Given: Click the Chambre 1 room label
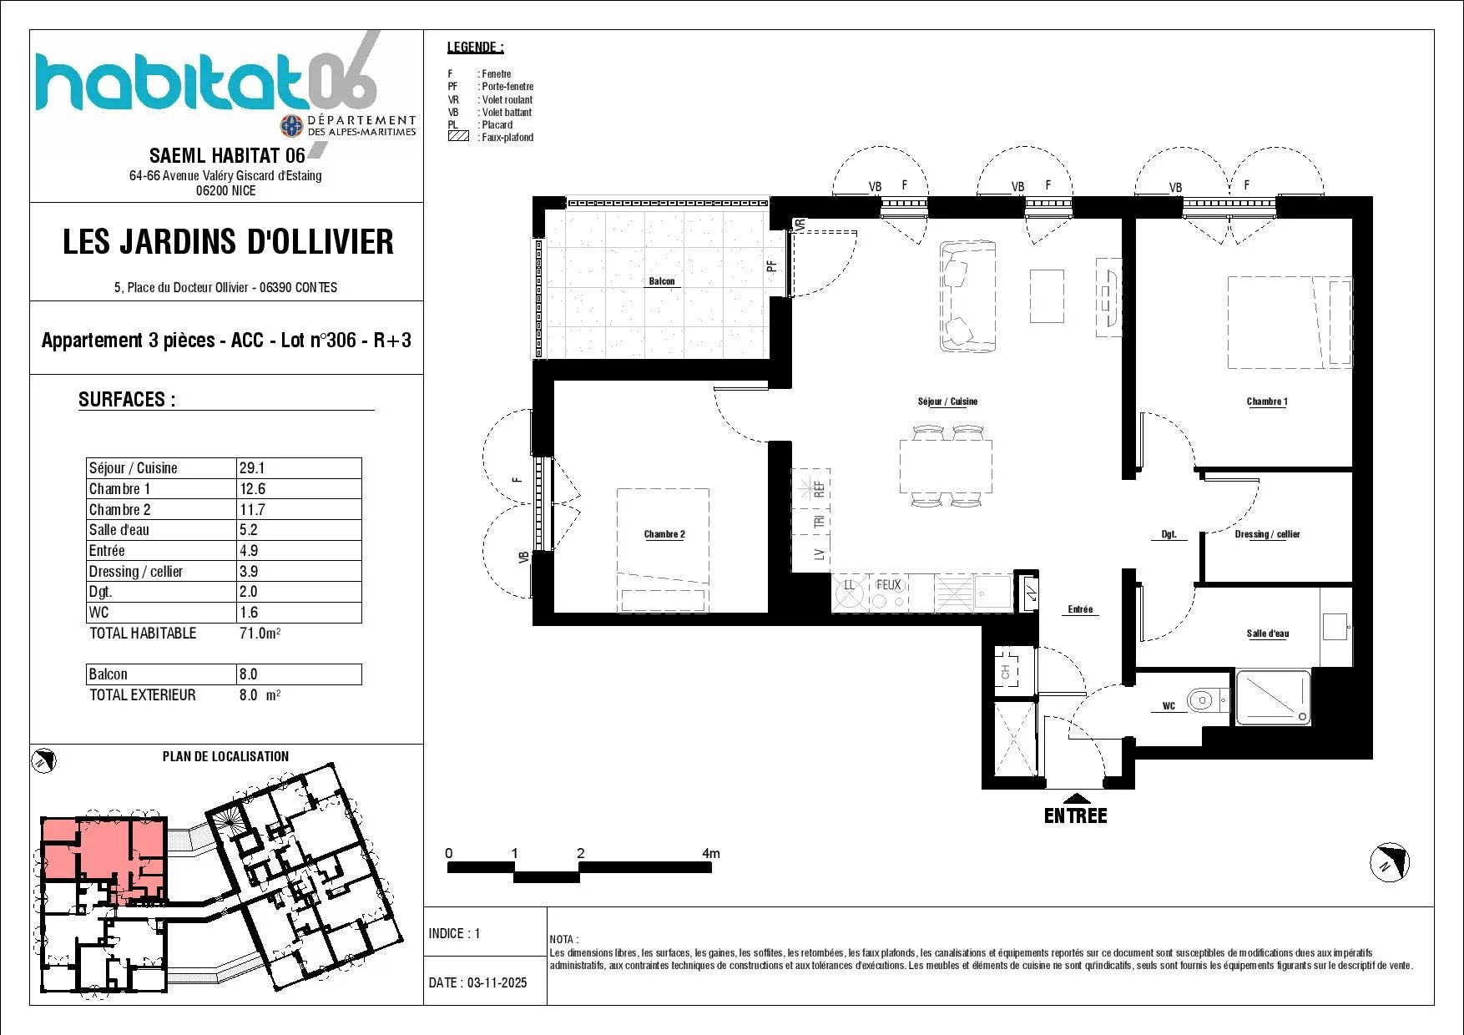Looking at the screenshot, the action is point(1266,401).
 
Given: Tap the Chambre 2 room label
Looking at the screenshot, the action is point(664,534).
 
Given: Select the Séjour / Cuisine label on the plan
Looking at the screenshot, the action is point(947,401).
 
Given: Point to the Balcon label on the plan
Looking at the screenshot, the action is point(662,281).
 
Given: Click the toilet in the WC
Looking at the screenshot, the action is point(1205,699).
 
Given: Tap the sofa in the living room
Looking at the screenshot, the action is point(968,296).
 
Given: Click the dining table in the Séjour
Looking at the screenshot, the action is point(947,466).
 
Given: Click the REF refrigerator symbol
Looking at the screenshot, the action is point(810,488).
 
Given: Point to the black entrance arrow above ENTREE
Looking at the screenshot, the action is point(1076,798).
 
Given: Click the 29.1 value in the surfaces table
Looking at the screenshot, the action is point(252,468).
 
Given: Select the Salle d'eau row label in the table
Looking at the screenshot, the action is point(119,530).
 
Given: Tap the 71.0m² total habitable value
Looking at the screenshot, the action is point(260,634).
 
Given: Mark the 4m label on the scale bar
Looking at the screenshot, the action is point(710,853).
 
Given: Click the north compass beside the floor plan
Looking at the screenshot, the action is point(1390,862).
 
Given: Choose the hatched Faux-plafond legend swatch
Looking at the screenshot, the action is point(458,136).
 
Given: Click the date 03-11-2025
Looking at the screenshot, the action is point(497,982).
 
